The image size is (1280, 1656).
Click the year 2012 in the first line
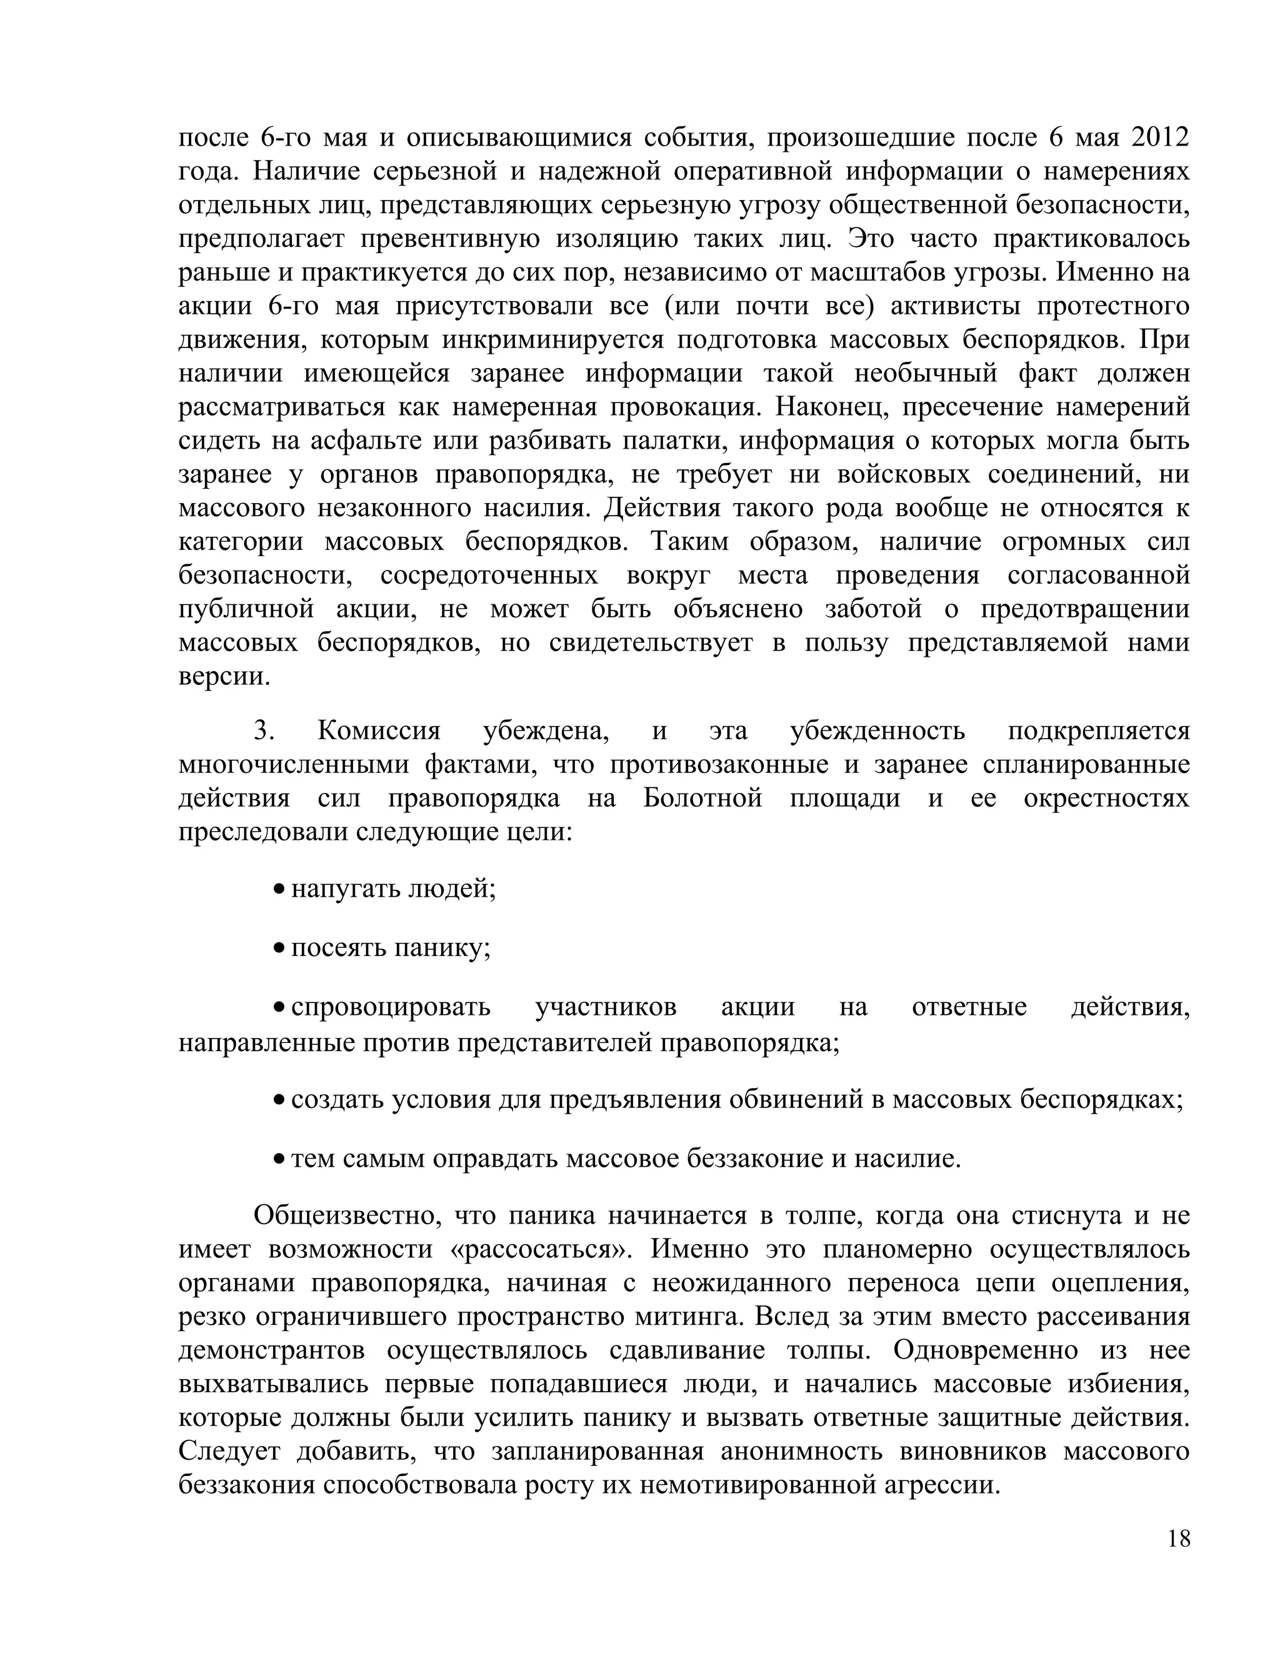1159,137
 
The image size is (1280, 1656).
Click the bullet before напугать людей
279,888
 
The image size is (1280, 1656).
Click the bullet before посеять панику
279,948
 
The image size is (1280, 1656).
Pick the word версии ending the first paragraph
224,676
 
